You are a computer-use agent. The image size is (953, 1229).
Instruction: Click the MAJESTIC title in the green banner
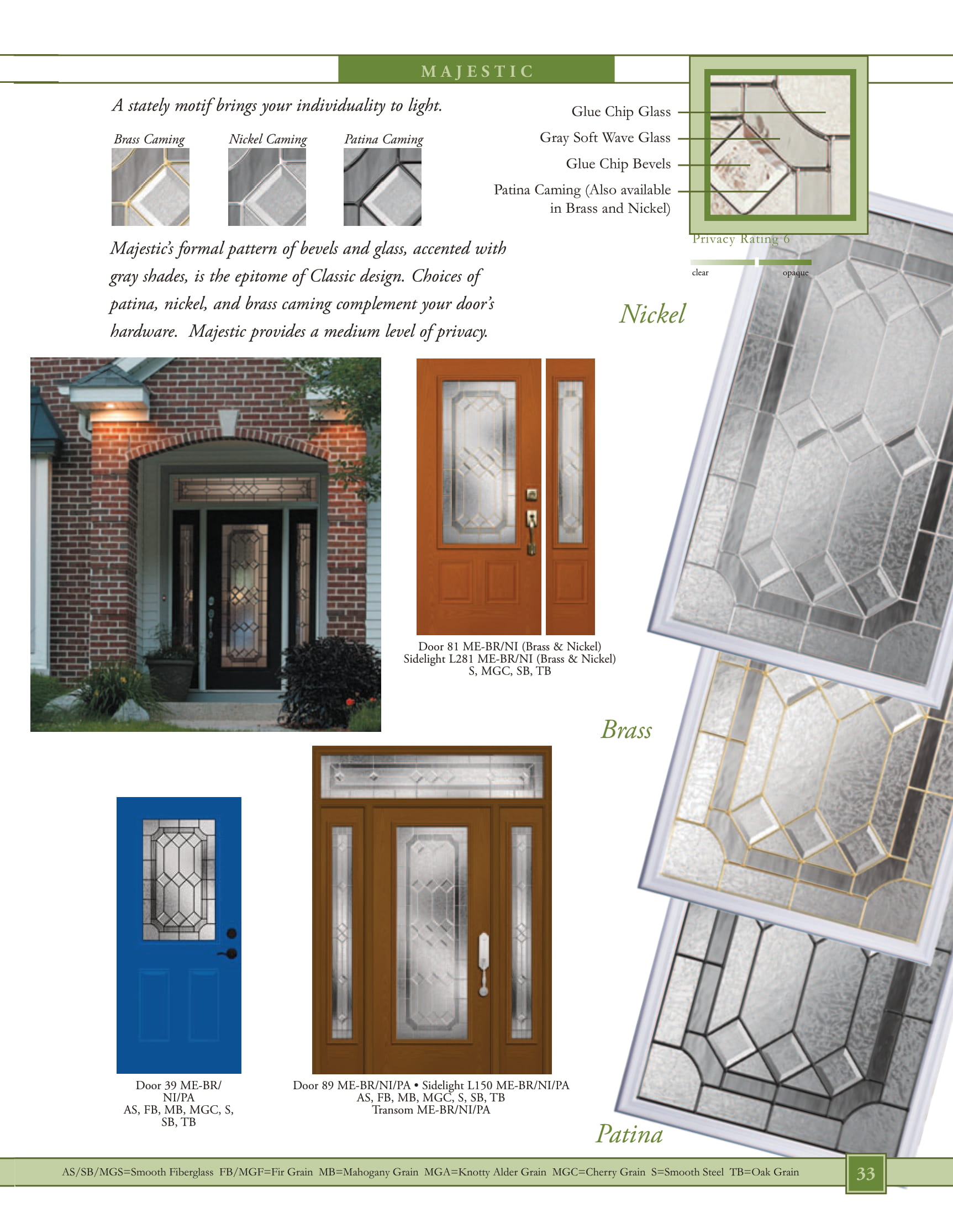tap(477, 71)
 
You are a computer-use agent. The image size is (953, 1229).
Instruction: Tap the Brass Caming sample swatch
tap(150, 187)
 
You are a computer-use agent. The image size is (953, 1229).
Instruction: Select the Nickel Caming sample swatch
tap(267, 187)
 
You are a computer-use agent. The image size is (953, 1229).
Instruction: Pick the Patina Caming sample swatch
tap(382, 187)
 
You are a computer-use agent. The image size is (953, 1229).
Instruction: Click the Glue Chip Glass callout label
tap(621, 112)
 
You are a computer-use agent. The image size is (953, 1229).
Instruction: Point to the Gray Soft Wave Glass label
tap(605, 138)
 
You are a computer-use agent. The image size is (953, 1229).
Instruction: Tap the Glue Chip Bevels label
tap(618, 163)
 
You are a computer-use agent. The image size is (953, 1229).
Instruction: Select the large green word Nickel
tap(652, 314)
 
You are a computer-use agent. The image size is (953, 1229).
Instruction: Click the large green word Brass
tap(626, 730)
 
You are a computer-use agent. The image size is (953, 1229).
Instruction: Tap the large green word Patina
tap(629, 1134)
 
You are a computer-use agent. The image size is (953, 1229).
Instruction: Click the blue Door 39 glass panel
tap(179, 880)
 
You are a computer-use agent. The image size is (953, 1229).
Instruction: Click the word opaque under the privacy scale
tap(796, 273)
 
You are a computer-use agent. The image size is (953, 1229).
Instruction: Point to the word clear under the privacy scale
tap(701, 273)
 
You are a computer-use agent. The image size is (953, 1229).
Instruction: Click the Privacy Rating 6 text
tap(741, 239)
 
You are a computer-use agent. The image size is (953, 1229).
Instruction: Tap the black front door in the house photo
tap(243, 599)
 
